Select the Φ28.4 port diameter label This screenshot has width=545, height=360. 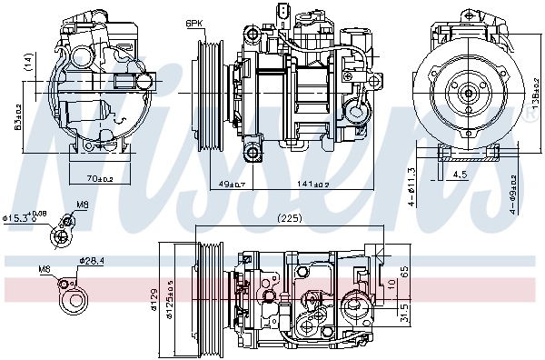click(92, 261)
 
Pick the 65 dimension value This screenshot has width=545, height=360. click(404, 272)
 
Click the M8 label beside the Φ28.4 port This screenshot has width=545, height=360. click(45, 270)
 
